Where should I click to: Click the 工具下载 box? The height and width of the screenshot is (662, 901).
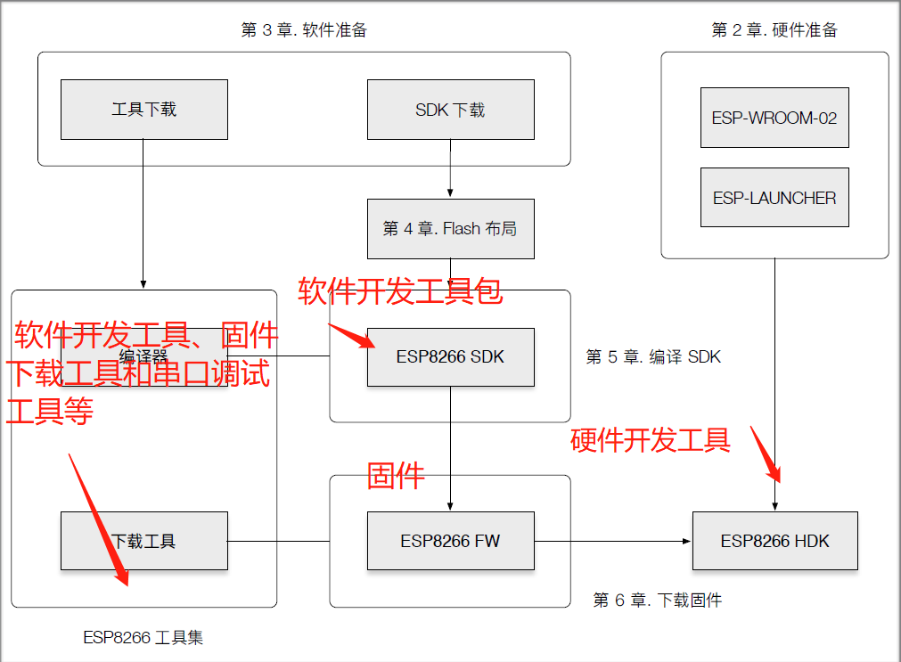point(143,110)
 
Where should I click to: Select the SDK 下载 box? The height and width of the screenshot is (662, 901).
point(450,110)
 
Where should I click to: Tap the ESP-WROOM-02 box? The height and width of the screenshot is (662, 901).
point(774,118)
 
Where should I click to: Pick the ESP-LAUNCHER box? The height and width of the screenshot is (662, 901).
point(774,198)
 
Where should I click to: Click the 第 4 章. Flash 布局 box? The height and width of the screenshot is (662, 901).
point(450,229)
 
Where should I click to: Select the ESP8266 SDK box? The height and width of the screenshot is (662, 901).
point(450,356)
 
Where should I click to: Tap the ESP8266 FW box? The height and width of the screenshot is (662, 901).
point(450,541)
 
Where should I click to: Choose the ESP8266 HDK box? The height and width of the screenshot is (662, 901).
point(774,541)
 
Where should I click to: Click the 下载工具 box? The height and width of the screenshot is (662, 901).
point(143,541)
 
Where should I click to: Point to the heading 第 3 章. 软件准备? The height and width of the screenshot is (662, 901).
point(304,30)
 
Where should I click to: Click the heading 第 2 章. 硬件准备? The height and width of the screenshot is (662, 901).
point(774,30)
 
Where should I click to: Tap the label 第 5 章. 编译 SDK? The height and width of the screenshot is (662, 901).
point(652,357)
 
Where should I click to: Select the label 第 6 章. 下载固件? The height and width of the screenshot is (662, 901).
point(657,601)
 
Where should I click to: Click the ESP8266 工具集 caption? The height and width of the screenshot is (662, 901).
point(143,638)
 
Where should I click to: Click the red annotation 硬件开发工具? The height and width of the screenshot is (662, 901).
point(650,439)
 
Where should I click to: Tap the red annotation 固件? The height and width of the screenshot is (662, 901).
point(396,475)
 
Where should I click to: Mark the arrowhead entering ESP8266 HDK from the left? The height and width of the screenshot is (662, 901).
point(686,541)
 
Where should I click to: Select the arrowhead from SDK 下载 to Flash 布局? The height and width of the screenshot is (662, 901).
point(450,193)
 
